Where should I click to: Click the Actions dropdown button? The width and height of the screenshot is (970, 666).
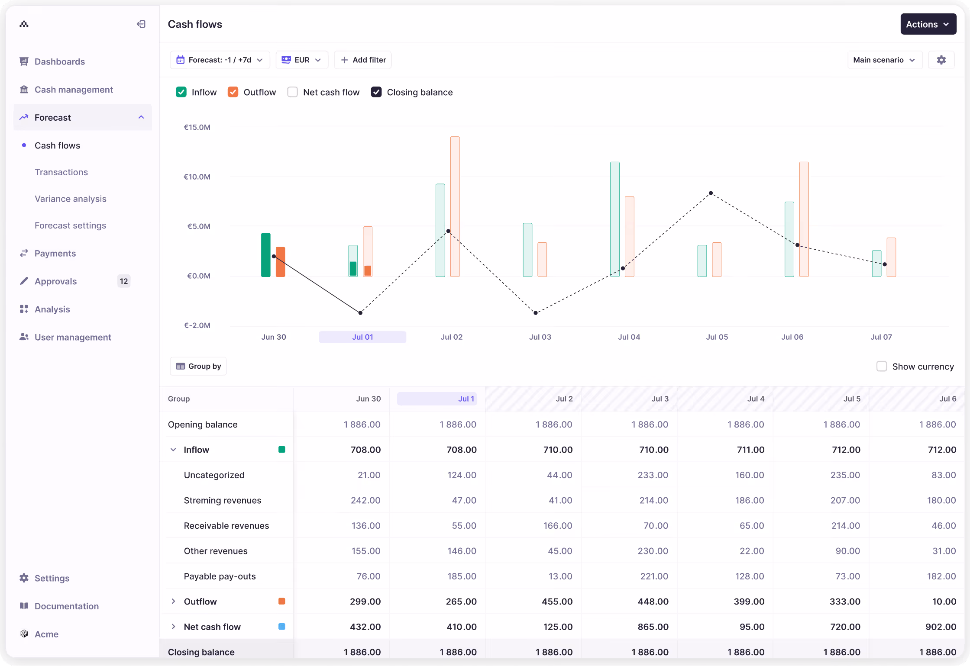(x=928, y=24)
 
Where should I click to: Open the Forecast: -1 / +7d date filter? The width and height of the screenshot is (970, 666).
(x=220, y=60)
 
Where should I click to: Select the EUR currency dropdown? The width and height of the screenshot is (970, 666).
(x=301, y=60)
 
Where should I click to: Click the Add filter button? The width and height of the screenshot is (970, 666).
(x=363, y=60)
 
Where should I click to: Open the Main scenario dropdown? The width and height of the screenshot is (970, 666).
(x=884, y=60)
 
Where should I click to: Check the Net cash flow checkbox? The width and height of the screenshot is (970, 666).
(x=293, y=92)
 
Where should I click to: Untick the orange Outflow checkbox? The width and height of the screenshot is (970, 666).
(x=233, y=92)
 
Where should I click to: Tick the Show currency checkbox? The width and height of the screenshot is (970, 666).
(x=881, y=367)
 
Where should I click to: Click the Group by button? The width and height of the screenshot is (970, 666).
(x=198, y=366)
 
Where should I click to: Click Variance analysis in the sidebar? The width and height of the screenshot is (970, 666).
(x=71, y=199)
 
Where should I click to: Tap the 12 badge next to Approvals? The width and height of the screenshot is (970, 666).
(x=124, y=281)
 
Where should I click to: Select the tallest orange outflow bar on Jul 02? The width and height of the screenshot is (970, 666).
(x=455, y=206)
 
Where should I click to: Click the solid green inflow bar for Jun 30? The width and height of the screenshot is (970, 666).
(x=265, y=255)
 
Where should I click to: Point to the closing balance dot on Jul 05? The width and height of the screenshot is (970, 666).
(x=711, y=193)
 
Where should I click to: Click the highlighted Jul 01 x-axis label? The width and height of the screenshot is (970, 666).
(x=362, y=337)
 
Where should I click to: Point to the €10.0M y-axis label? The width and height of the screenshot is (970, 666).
(x=197, y=177)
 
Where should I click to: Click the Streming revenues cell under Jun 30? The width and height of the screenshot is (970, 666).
(x=365, y=500)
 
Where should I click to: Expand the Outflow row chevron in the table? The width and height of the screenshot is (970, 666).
(x=173, y=601)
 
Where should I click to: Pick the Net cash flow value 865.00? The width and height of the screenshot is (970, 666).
(x=653, y=627)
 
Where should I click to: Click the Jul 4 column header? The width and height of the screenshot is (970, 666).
(x=756, y=399)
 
